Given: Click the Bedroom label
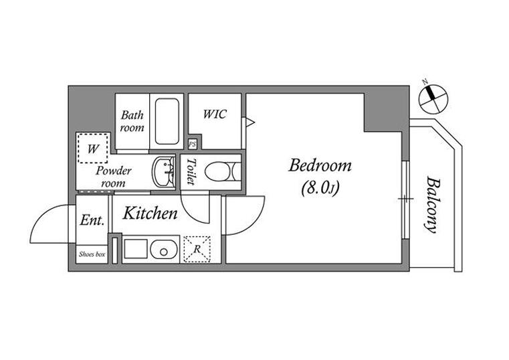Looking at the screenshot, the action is (320, 165).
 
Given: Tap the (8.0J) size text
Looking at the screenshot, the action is (320, 187).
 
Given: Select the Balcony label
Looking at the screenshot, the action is (431, 205).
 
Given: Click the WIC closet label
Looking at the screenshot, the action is (215, 114).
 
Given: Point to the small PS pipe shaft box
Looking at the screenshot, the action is (193, 144).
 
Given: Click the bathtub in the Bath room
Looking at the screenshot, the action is (167, 121).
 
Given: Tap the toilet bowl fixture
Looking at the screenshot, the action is (223, 171).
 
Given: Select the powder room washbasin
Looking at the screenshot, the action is (164, 173).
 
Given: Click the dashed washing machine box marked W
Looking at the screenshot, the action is (92, 148).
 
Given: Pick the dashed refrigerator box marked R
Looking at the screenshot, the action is (197, 249).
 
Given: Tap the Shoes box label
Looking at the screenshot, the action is (92, 254).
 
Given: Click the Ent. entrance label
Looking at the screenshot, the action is (92, 220).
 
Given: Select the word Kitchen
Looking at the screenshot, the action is (150, 213).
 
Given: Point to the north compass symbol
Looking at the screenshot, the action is (433, 98).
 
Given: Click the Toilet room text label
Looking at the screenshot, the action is (191, 172).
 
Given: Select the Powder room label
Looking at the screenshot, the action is (113, 177).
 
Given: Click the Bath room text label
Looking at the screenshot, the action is (132, 121).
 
